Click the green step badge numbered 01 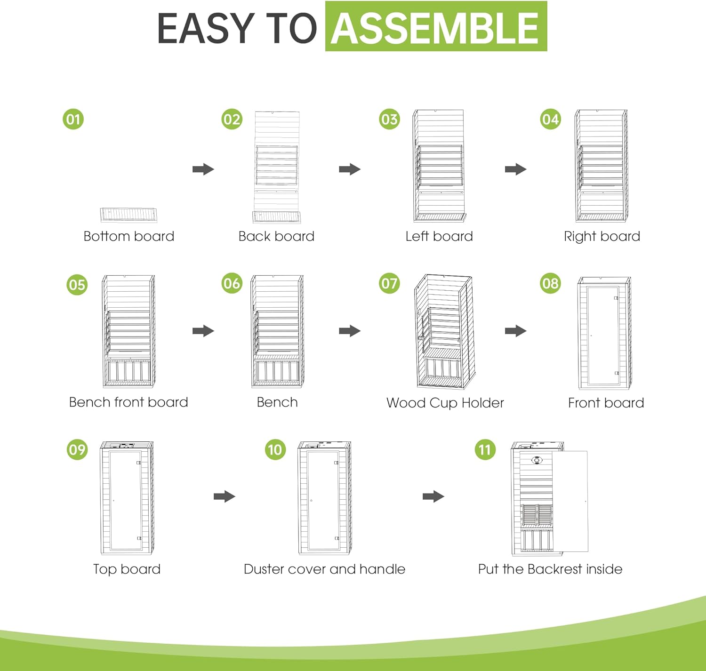73,119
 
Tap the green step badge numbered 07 389,283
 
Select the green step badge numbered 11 485,449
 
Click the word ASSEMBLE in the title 435,27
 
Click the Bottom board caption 129,236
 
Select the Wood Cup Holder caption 445,403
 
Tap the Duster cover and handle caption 324,569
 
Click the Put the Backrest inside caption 550,569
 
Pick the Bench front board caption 128,402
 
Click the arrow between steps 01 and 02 203,169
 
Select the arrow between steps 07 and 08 516,331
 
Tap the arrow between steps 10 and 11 433,496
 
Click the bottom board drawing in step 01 128,215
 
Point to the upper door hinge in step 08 616,298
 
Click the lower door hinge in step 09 139,538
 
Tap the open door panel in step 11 570,501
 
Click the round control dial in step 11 537,460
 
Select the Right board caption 602,236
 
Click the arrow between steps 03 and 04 516,169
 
